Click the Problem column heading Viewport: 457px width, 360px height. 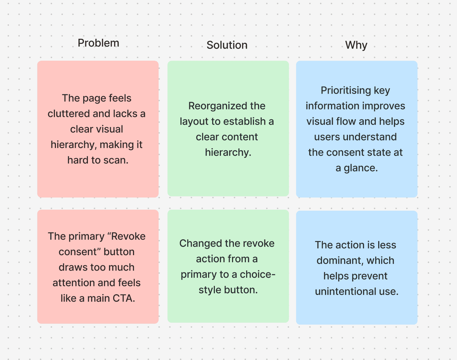click(98, 43)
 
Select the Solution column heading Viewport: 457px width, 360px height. click(227, 45)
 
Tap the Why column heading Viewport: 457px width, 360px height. click(356, 45)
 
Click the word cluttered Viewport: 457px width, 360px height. click(69, 114)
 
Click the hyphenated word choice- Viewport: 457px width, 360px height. click(257, 275)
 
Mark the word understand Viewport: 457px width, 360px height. click(355, 137)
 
